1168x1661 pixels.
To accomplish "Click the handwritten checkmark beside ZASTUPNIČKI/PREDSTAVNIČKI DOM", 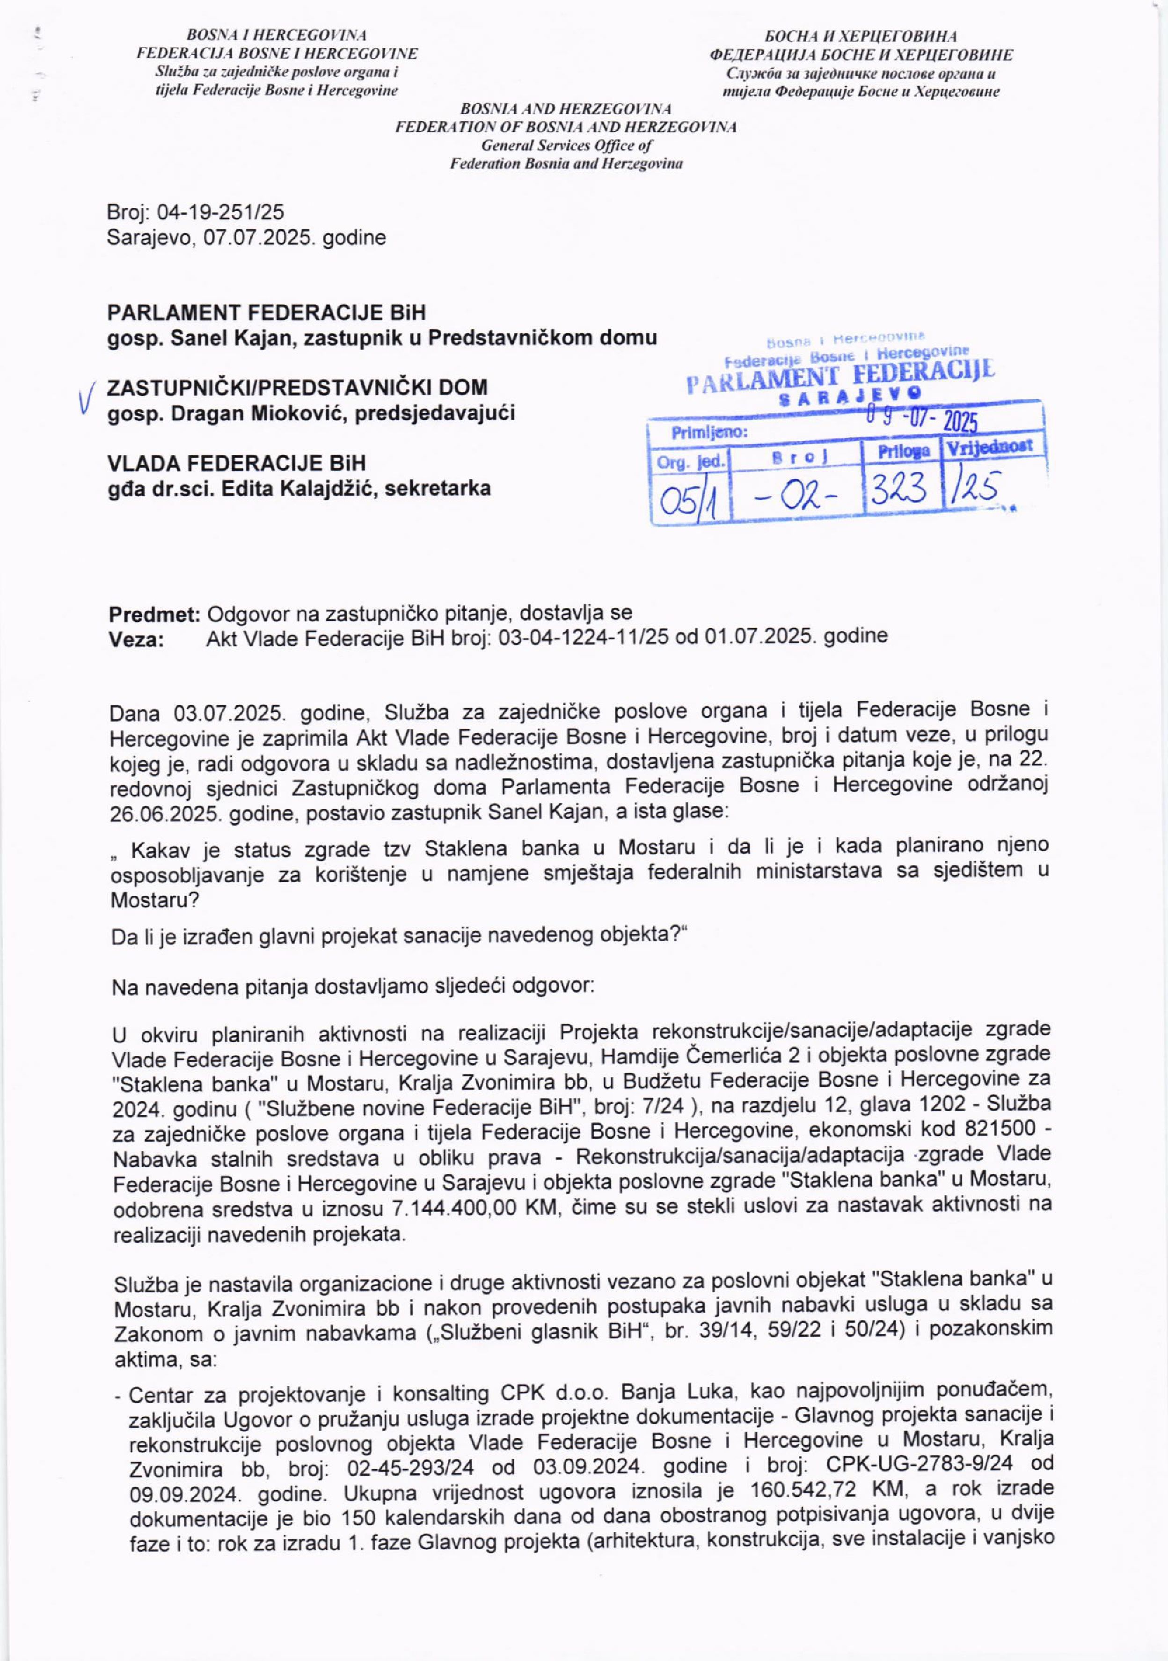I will click(x=86, y=399).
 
